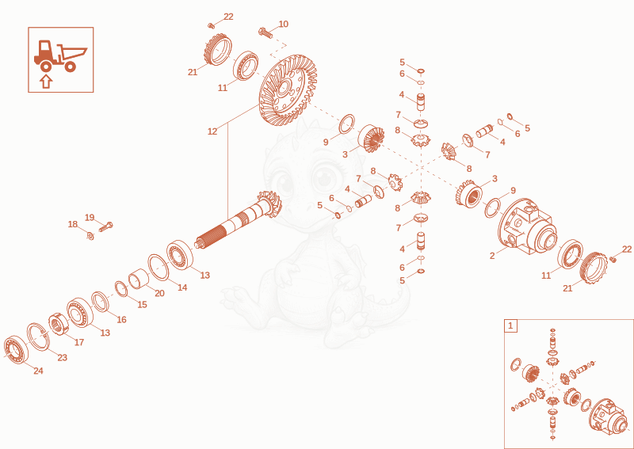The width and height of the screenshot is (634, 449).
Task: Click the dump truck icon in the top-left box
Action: [61, 55]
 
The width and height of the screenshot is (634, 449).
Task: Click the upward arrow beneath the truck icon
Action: [47, 82]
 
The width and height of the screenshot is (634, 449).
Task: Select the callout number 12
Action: [212, 131]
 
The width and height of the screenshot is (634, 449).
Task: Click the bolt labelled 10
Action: [265, 33]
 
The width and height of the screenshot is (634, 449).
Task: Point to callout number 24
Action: [38, 371]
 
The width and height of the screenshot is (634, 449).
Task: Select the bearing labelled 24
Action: [16, 349]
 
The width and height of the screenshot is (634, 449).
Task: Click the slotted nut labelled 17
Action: [59, 323]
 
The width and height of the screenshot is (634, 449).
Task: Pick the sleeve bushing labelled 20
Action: [138, 279]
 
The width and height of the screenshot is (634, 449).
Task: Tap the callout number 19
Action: [90, 218]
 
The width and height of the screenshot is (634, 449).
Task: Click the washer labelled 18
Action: [90, 235]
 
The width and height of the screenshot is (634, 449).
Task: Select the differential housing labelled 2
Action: [527, 226]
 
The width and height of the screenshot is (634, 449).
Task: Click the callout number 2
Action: [492, 256]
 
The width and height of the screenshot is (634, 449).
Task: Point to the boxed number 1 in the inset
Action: [510, 325]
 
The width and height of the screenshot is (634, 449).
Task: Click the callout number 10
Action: [284, 24]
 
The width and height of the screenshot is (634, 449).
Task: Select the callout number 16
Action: [121, 319]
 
